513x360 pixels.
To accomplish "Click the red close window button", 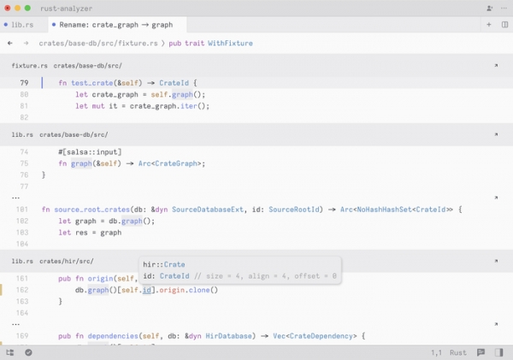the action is point(8,9).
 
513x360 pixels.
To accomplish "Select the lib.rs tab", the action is point(22,25).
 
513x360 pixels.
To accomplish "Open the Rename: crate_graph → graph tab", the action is point(116,25).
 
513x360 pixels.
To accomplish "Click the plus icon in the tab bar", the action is point(489,25).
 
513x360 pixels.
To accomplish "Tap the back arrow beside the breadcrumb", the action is point(10,43).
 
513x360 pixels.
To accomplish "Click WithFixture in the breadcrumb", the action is point(230,44).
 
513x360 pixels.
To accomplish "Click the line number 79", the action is point(24,83).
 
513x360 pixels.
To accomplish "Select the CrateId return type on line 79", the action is point(174,83).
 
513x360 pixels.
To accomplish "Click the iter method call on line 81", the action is point(189,106).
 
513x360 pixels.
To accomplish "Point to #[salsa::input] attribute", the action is point(90,152).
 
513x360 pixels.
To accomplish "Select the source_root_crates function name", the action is point(92,210).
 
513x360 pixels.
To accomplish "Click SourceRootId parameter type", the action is point(294,210).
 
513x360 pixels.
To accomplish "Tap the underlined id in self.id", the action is point(147,290).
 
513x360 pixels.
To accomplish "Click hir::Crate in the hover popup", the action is point(164,264).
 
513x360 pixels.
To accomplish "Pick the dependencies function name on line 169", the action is point(113,336).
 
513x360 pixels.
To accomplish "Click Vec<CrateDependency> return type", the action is point(315,336).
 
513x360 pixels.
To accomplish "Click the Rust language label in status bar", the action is point(457,352).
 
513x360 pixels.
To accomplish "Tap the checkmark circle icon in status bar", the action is point(28,352).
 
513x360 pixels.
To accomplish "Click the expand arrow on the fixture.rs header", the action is point(496,66).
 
